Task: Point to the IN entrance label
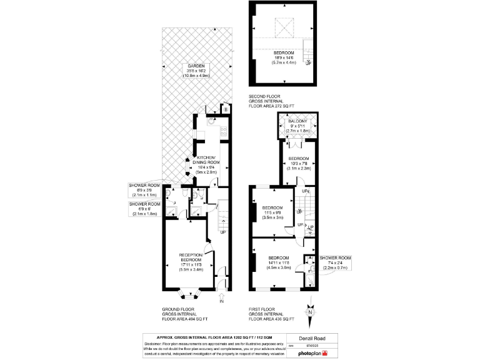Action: pos(222,302)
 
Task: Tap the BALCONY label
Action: pos(297,121)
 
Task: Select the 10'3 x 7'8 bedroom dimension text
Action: pos(298,164)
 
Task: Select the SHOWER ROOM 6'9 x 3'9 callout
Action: pos(144,190)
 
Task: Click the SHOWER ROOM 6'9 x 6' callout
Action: pos(144,209)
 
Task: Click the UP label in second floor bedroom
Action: pos(308,62)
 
